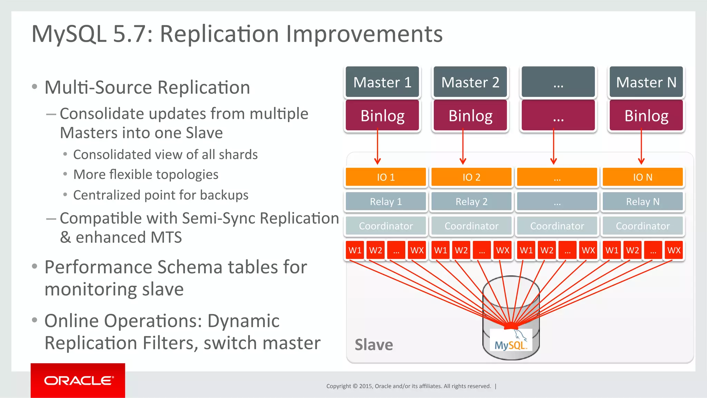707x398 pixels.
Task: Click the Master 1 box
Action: pyautogui.click(x=382, y=82)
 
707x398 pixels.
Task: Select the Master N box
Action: pyautogui.click(x=646, y=82)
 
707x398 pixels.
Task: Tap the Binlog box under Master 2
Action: pyautogui.click(x=470, y=116)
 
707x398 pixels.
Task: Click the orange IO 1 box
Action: pyautogui.click(x=386, y=177)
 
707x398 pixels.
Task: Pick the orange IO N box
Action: pyautogui.click(x=642, y=177)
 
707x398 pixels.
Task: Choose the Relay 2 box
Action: pyautogui.click(x=471, y=202)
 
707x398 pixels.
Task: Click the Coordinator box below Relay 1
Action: pyautogui.click(x=386, y=226)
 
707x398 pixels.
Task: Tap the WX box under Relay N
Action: pyautogui.click(x=674, y=250)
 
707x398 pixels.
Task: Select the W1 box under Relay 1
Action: pyautogui.click(x=355, y=250)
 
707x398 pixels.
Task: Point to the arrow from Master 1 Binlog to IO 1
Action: pyautogui.click(x=377, y=147)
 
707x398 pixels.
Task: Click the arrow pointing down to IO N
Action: pyautogui.click(x=641, y=147)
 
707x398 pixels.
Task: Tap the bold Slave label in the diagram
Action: pyautogui.click(x=374, y=345)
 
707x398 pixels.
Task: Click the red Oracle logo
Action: pyautogui.click(x=78, y=380)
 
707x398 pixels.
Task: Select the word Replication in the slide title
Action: pyautogui.click(x=219, y=34)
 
